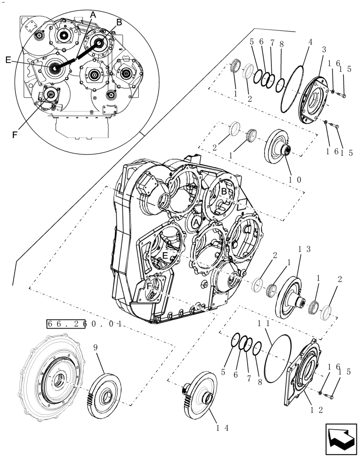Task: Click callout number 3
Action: (x=323, y=49)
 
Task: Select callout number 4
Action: (x=311, y=42)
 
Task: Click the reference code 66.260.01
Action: (x=84, y=324)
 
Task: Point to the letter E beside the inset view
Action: (x=8, y=59)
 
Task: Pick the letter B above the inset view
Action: (x=119, y=22)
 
